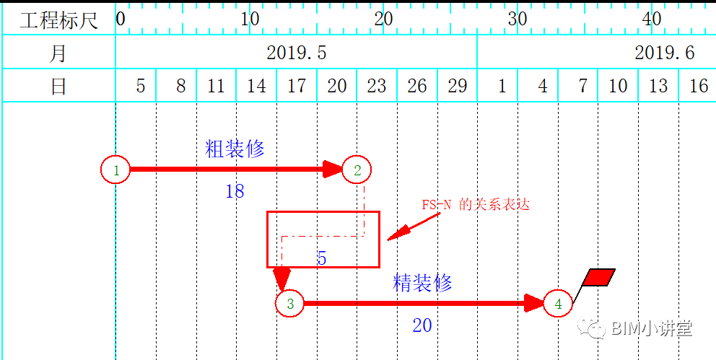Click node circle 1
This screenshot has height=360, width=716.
[x=115, y=170]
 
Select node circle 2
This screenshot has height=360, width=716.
[x=357, y=170]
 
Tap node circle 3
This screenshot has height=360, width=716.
[x=290, y=304]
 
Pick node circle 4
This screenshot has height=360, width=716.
[x=558, y=304]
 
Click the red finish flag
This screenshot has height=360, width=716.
[x=598, y=278]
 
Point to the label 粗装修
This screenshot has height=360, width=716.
[x=235, y=149]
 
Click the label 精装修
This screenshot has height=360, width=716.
[x=422, y=283]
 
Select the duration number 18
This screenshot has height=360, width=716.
[x=235, y=191]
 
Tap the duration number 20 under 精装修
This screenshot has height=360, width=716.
[x=422, y=325]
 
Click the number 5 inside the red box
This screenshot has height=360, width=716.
[x=322, y=258]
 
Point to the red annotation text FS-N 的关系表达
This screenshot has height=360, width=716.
[x=476, y=204]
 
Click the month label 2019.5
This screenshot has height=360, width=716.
[x=296, y=53]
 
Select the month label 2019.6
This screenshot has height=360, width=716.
[x=664, y=53]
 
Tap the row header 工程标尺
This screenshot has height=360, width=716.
[x=58, y=19]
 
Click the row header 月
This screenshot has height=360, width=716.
[x=58, y=53]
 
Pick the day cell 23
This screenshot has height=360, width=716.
[x=377, y=87]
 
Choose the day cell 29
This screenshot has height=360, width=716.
[x=457, y=87]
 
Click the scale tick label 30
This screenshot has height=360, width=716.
[x=517, y=19]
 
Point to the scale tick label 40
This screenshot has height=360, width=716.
[x=651, y=19]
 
